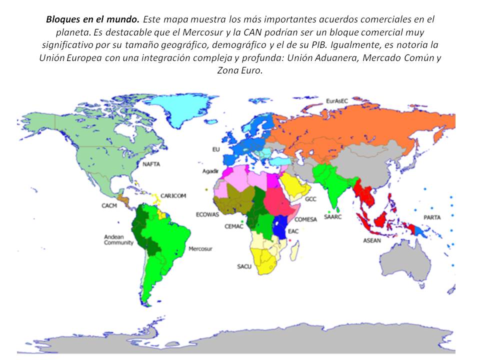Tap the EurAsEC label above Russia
pyautogui.click(x=336, y=100)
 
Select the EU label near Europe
pyautogui.click(x=216, y=149)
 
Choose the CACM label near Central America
pyautogui.click(x=109, y=205)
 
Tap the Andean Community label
pyautogui.click(x=118, y=239)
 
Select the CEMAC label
pyautogui.click(x=233, y=226)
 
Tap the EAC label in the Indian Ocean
pyautogui.click(x=293, y=231)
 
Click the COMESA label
pyautogui.click(x=305, y=219)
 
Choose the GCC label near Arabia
pyautogui.click(x=310, y=199)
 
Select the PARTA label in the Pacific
pyautogui.click(x=432, y=217)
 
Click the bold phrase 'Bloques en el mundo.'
pyautogui.click(x=93, y=20)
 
